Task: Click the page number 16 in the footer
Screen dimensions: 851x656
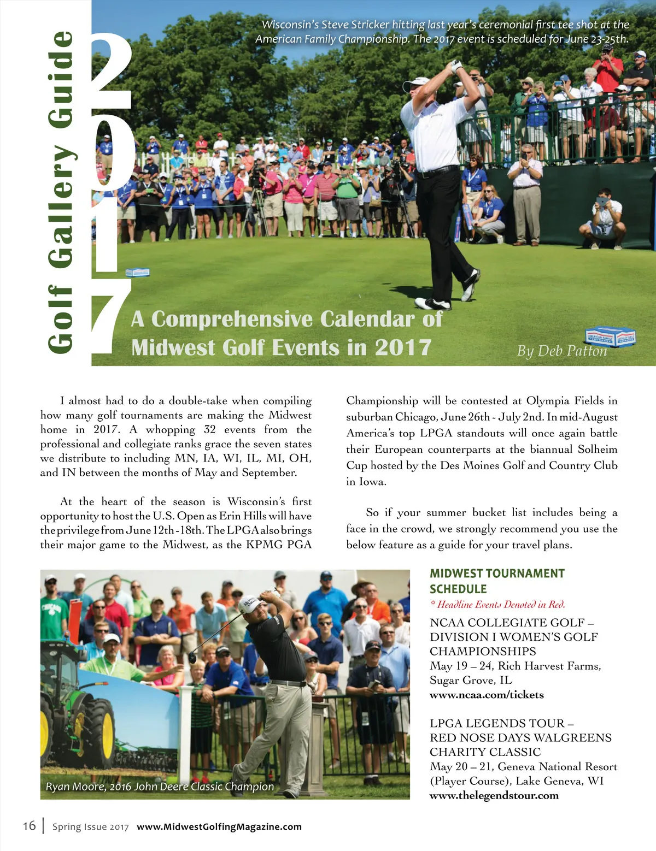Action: (30, 825)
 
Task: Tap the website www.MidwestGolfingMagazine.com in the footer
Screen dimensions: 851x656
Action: (219, 826)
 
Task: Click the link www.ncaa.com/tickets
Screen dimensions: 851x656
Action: (487, 695)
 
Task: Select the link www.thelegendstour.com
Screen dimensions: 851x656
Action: (494, 795)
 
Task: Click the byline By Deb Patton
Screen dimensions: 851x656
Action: (562, 351)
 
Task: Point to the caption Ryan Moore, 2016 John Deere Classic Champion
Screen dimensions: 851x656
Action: (160, 787)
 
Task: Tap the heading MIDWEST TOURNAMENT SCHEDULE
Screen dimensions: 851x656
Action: (496, 581)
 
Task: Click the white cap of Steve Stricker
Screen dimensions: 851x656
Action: (417, 84)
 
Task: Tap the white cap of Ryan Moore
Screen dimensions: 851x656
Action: (248, 603)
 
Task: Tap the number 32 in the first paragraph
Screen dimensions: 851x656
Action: (210, 429)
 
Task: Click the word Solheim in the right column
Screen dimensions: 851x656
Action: (597, 449)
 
